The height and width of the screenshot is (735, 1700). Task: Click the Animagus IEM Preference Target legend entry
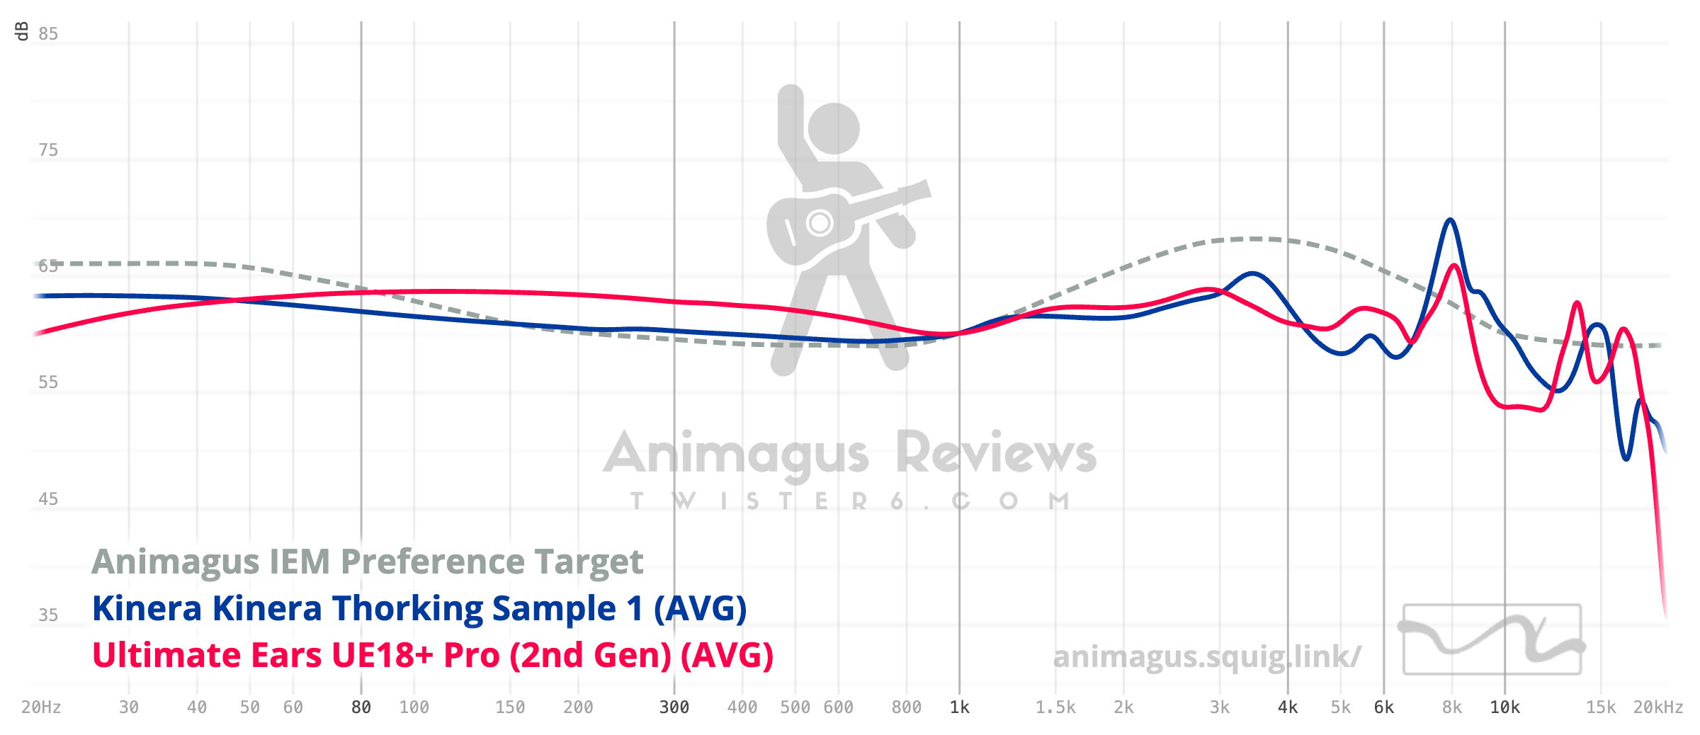tap(367, 562)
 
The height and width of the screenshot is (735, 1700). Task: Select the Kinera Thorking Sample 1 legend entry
tap(419, 609)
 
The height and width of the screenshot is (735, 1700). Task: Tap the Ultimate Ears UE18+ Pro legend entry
tap(432, 656)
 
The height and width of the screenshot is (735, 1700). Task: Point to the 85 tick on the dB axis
tap(48, 34)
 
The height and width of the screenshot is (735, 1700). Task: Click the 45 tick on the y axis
tap(48, 499)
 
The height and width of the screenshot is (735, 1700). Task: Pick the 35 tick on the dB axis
tap(48, 615)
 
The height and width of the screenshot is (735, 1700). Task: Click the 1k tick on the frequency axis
tap(960, 707)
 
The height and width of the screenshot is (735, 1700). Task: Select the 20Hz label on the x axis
tap(41, 707)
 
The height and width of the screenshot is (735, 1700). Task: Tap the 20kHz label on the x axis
tap(1657, 707)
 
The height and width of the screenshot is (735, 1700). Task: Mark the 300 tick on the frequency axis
tap(674, 707)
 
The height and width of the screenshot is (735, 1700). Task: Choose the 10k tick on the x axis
tap(1505, 707)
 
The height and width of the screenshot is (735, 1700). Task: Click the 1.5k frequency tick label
tap(1055, 707)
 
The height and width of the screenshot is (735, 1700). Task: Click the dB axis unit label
tap(22, 31)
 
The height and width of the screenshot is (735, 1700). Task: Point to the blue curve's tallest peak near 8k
tap(1450, 220)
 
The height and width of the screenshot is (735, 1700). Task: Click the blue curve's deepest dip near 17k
tap(1626, 459)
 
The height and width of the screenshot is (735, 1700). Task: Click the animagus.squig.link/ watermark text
tap(1206, 657)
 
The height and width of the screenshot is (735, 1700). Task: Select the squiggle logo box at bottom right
tap(1492, 639)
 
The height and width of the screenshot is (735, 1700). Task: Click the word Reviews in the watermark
tap(996, 453)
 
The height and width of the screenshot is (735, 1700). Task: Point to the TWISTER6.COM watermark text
tap(850, 501)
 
